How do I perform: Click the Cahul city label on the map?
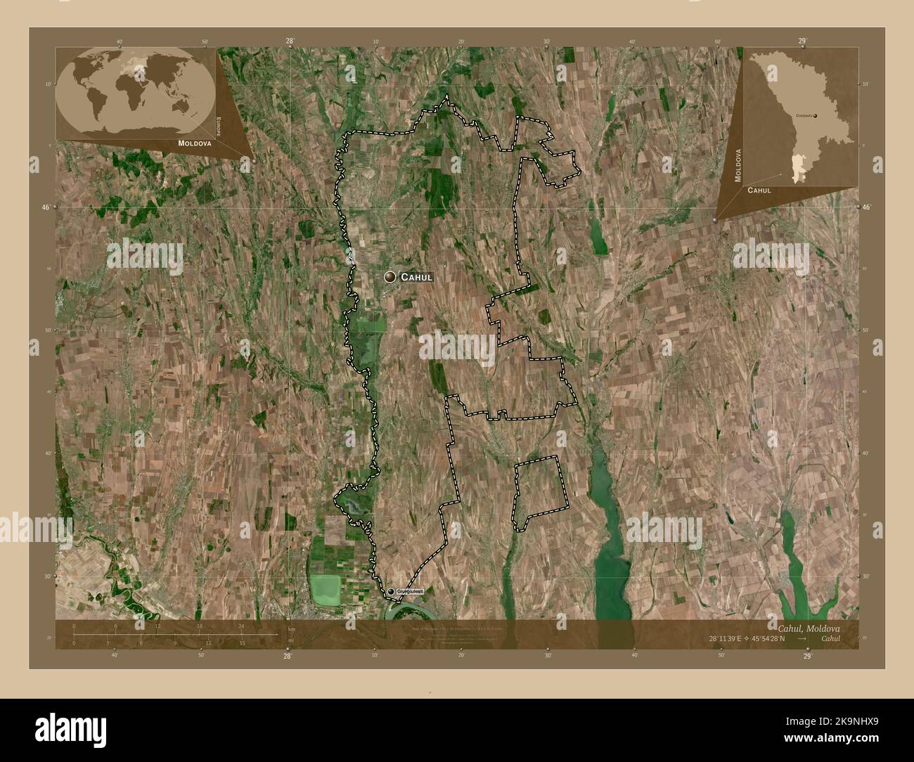click(x=416, y=278)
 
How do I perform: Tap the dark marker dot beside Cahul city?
click(x=389, y=278)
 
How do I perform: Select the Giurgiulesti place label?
click(x=411, y=593)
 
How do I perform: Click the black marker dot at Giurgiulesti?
click(x=391, y=593)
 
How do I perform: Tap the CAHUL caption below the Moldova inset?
click(x=759, y=190)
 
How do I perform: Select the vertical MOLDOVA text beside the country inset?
click(x=739, y=165)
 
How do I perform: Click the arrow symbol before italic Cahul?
click(x=802, y=638)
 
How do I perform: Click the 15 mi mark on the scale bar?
click(x=241, y=642)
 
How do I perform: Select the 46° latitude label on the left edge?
click(x=46, y=208)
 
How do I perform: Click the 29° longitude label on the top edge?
click(x=802, y=41)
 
